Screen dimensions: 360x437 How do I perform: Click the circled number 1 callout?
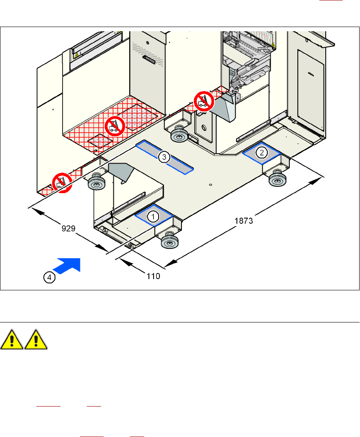tap(153, 216)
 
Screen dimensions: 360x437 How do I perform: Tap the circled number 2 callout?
tap(262, 152)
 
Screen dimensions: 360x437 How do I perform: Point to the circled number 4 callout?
tap(50, 277)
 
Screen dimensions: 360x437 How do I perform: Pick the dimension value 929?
tap(68, 229)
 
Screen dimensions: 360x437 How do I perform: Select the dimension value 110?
tap(153, 276)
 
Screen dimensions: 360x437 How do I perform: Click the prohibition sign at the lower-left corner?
tap(61, 184)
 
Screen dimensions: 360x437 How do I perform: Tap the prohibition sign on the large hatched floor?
tap(113, 126)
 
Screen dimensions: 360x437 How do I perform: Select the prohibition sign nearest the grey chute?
tap(203, 101)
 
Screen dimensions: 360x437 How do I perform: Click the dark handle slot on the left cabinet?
tap(150, 58)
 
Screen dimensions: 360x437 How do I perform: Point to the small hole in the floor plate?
tap(210, 184)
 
